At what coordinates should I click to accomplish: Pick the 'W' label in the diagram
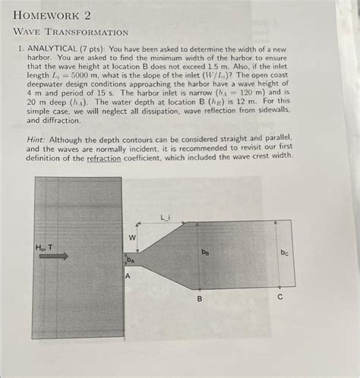pos(131,238)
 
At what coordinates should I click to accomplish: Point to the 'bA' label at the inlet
pos(131,260)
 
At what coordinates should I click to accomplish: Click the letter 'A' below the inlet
pos(128,277)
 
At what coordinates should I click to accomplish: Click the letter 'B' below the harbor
pos(200,299)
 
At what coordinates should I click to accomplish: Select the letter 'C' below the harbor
pos(279,298)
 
